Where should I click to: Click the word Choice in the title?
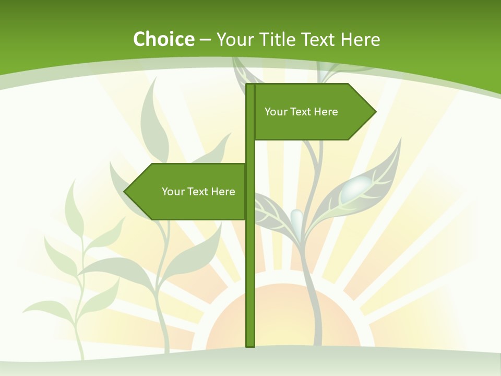(x=163, y=39)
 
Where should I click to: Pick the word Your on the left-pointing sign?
(x=173, y=192)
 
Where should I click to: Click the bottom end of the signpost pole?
(x=250, y=345)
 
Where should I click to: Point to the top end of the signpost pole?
(x=250, y=86)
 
